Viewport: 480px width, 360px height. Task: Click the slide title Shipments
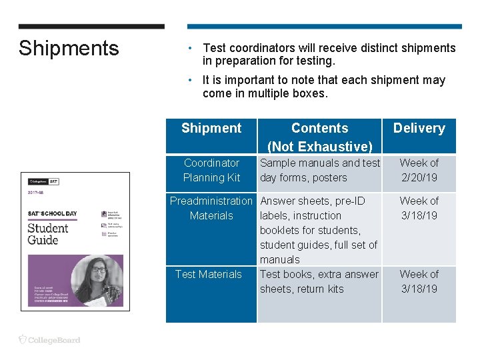coord(69,48)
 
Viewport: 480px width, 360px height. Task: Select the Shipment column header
coord(211,128)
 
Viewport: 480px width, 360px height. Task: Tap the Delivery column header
coord(419,128)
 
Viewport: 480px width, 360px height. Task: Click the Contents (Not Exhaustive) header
coord(319,137)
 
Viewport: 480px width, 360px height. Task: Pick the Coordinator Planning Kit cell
coord(211,170)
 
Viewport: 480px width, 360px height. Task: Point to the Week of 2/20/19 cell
coord(419,170)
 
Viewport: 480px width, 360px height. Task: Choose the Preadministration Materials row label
coord(211,208)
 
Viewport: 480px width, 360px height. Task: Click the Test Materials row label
coord(209,274)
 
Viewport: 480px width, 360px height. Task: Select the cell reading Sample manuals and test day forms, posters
coord(319,170)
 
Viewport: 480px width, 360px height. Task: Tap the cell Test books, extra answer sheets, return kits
coord(319,281)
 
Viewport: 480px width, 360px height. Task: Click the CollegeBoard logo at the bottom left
coord(49,340)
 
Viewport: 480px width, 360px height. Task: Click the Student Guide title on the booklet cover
coord(47,233)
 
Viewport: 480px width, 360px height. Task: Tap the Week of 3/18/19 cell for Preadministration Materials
coord(419,208)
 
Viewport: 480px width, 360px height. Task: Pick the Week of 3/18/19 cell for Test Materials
coord(419,281)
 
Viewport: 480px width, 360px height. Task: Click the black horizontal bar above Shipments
coord(91,27)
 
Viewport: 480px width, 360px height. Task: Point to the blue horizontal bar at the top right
coord(324,27)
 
